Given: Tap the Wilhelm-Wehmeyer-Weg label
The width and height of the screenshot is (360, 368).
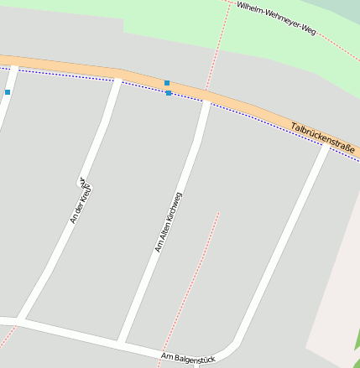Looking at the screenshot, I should click(275, 18).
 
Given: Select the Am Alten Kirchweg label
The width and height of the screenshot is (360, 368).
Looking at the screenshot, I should click(168, 222).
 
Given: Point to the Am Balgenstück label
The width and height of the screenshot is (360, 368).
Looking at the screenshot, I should click(187, 358).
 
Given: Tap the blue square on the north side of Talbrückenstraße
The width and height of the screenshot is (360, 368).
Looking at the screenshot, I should click(167, 83).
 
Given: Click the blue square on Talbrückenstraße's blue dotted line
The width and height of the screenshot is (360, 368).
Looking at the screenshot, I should click(169, 93).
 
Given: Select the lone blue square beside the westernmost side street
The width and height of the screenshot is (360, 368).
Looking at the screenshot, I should click(8, 91).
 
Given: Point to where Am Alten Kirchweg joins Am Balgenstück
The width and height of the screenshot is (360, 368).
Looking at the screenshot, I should click(123, 344).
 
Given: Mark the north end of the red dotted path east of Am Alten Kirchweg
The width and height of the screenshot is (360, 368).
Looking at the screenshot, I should click(218, 212).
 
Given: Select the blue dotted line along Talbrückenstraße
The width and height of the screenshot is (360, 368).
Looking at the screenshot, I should click(84, 76).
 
